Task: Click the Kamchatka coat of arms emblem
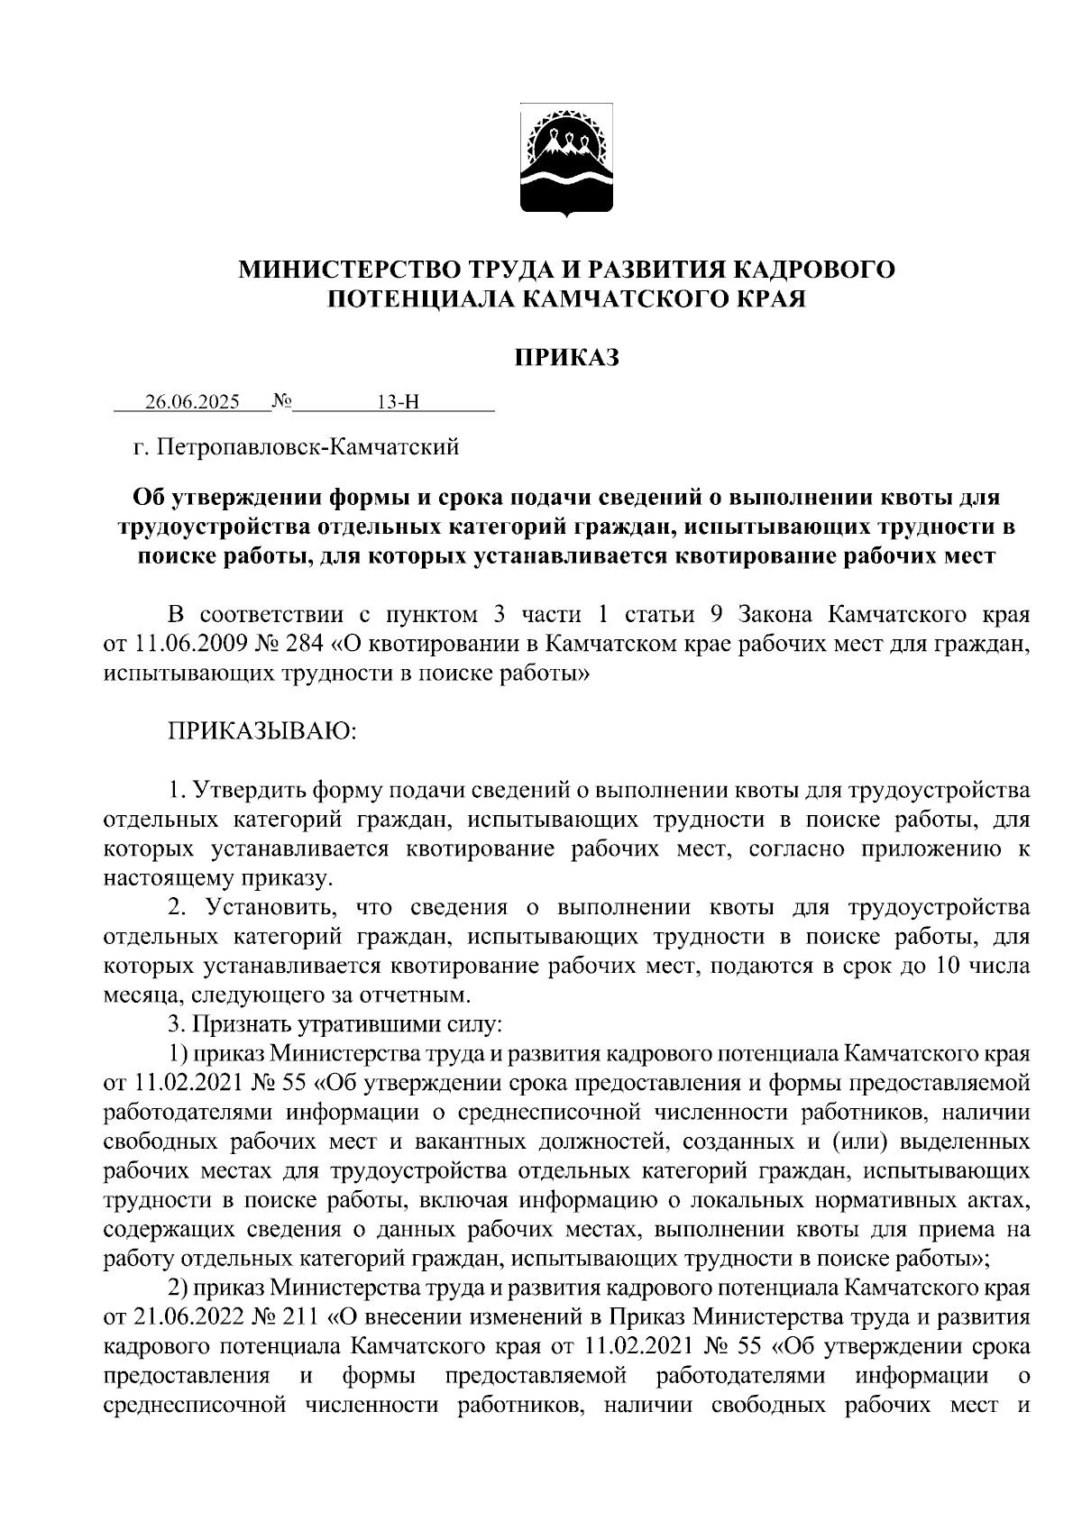[x=566, y=163]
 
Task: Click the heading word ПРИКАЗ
[x=566, y=359]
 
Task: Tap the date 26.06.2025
[x=192, y=402]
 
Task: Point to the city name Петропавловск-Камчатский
[x=308, y=446]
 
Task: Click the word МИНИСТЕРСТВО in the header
[x=345, y=270]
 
